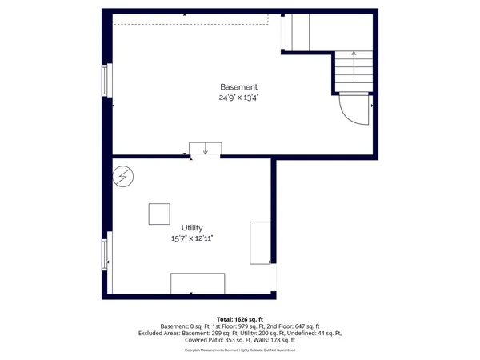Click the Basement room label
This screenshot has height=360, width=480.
(239, 86)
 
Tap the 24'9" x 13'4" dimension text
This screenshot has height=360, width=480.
(239, 98)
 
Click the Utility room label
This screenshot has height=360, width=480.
(192, 228)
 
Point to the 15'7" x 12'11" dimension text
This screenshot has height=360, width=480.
(192, 238)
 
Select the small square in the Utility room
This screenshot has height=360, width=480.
(159, 214)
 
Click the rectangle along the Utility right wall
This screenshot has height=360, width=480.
(260, 242)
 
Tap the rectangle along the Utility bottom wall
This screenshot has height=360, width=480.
(197, 283)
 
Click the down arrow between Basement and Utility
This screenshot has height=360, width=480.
(206, 149)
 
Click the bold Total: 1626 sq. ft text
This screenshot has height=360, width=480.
(239, 318)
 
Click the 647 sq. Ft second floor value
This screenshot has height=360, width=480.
(302, 326)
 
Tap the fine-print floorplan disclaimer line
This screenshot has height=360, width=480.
(239, 350)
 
